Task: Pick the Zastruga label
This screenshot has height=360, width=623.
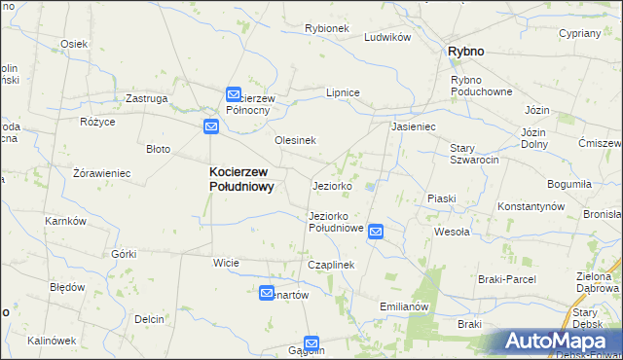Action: click(x=148, y=98)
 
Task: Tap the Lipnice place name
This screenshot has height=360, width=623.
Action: click(x=344, y=92)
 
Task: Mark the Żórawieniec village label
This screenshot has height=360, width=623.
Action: click(x=101, y=173)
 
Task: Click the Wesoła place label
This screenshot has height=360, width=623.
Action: click(x=452, y=232)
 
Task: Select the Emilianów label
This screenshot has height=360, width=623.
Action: click(x=404, y=306)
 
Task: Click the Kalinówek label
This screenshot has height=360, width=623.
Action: click(x=52, y=341)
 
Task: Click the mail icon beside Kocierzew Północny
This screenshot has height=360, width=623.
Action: click(x=234, y=94)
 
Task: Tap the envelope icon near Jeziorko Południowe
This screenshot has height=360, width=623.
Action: click(x=376, y=232)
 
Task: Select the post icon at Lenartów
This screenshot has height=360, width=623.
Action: click(x=267, y=293)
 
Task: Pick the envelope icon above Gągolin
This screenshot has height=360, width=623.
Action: click(x=311, y=342)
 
